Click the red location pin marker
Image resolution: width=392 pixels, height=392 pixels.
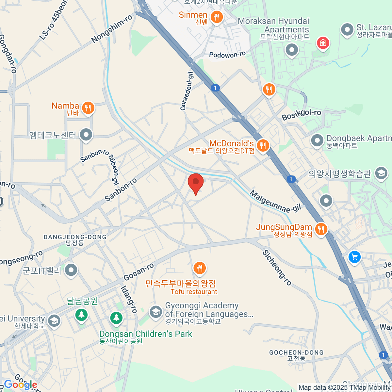[x=196, y=183]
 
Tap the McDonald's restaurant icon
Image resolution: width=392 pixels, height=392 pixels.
[x=263, y=145]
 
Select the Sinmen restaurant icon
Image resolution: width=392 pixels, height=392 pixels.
[x=216, y=16]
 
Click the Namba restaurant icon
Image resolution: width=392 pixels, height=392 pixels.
[x=88, y=107]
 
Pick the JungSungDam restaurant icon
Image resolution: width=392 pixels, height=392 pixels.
[x=321, y=229]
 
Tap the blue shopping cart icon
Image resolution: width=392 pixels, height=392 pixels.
[x=354, y=257]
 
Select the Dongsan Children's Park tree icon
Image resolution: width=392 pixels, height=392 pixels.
[x=116, y=317]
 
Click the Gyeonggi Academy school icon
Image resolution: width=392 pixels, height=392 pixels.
[x=156, y=312]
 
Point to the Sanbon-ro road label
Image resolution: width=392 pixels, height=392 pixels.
[x=121, y=190]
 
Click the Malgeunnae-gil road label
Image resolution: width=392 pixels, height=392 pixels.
[x=275, y=202]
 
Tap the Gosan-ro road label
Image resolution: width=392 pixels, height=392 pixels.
[x=139, y=272]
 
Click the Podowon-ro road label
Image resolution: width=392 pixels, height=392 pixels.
[x=227, y=55]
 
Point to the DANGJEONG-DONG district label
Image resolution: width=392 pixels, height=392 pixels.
[x=75, y=237]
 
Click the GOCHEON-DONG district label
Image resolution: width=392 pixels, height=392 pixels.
[x=296, y=353]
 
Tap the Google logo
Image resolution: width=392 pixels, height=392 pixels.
[x=20, y=385]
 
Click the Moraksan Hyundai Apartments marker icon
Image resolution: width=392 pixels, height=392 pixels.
[x=292, y=50]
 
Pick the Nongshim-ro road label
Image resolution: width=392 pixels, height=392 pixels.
[x=112, y=29]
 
